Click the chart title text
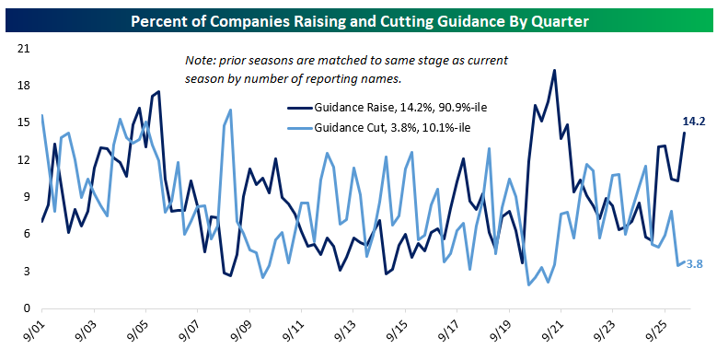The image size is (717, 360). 360,21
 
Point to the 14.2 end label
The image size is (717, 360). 694,122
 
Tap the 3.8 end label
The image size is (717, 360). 695,264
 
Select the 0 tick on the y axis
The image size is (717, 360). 27,308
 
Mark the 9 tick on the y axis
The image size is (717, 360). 27,197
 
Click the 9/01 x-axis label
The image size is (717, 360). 32,331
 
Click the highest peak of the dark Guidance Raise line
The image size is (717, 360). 554,70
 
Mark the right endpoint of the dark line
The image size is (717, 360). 685,133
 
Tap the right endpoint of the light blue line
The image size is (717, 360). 685,262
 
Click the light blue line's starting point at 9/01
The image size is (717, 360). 42,115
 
